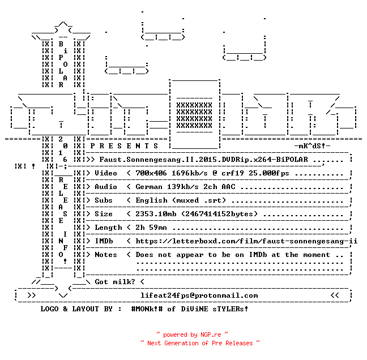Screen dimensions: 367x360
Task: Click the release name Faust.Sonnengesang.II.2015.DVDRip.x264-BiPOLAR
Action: (x=203, y=160)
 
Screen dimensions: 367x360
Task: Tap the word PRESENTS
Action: (x=124, y=146)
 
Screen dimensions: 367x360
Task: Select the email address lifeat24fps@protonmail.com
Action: (x=199, y=295)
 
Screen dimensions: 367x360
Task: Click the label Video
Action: (x=105, y=173)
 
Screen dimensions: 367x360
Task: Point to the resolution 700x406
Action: (x=151, y=173)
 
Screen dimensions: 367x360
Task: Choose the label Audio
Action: (x=105, y=187)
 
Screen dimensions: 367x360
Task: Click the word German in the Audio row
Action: (x=148, y=187)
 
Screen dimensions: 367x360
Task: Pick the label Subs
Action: (x=103, y=200)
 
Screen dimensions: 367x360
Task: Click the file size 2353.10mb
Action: (x=156, y=214)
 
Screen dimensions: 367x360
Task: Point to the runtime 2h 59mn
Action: (x=151, y=228)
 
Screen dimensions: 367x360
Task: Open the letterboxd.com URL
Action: (x=246, y=241)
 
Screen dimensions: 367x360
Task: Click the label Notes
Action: (x=105, y=255)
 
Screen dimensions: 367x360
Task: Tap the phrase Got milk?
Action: (x=114, y=282)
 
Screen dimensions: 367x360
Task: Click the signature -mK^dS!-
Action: (x=312, y=146)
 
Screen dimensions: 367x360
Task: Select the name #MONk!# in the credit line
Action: (x=147, y=308)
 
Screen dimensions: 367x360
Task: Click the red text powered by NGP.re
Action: (x=192, y=335)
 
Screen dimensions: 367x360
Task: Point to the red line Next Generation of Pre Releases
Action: (x=200, y=343)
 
